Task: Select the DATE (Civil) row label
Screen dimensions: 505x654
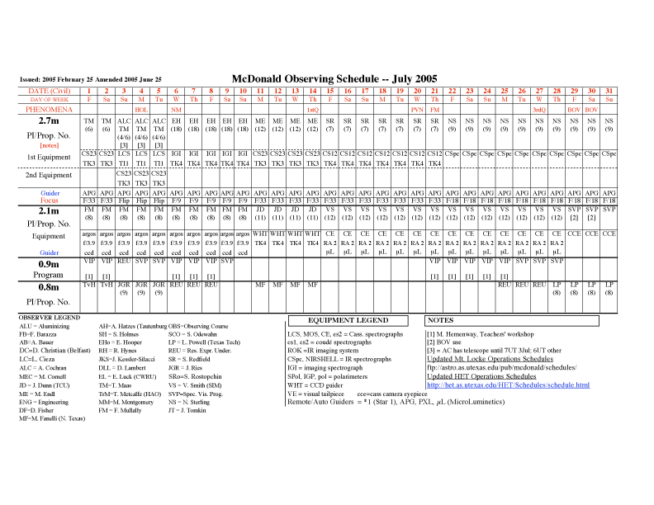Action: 50,90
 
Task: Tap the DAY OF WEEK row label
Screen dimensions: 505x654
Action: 50,99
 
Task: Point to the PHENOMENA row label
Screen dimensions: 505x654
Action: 50,109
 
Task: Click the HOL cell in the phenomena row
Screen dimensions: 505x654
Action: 141,109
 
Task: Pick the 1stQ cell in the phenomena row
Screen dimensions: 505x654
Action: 313,109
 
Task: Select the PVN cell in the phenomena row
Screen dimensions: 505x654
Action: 417,109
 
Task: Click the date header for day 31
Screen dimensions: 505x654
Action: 609,90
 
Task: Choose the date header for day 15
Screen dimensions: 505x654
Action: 330,90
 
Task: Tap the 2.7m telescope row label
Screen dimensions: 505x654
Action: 50,120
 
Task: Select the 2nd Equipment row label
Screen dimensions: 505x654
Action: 50,176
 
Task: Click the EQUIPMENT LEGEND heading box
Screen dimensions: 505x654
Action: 348,319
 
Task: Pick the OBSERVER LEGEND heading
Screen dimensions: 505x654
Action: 50,317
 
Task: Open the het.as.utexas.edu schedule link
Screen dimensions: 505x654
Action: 508,385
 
